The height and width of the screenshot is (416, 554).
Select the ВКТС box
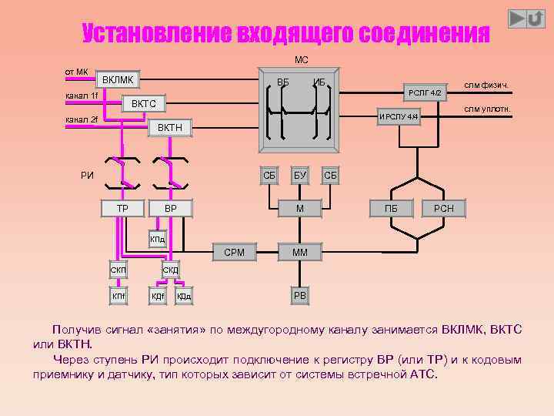pyautogui.click(x=144, y=103)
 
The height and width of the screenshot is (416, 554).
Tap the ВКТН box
pyautogui.click(x=169, y=127)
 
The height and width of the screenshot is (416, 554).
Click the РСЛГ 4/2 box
pyautogui.click(x=425, y=92)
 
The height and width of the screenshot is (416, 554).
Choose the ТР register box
pyautogui.click(x=122, y=209)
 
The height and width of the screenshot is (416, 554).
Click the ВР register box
pyautogui.click(x=170, y=209)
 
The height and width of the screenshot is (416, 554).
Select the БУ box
pyautogui.click(x=300, y=176)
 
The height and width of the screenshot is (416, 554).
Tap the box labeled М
pyautogui.click(x=300, y=209)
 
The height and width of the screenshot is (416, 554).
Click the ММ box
pyautogui.click(x=300, y=252)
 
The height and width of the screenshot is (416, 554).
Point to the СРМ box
pyautogui.click(x=234, y=252)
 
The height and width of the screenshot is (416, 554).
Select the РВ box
pyautogui.click(x=300, y=295)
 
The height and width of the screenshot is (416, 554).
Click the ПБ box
pyautogui.click(x=391, y=209)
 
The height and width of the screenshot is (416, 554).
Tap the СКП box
pyautogui.click(x=118, y=270)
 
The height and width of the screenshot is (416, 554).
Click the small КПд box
pyautogui.click(x=157, y=240)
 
